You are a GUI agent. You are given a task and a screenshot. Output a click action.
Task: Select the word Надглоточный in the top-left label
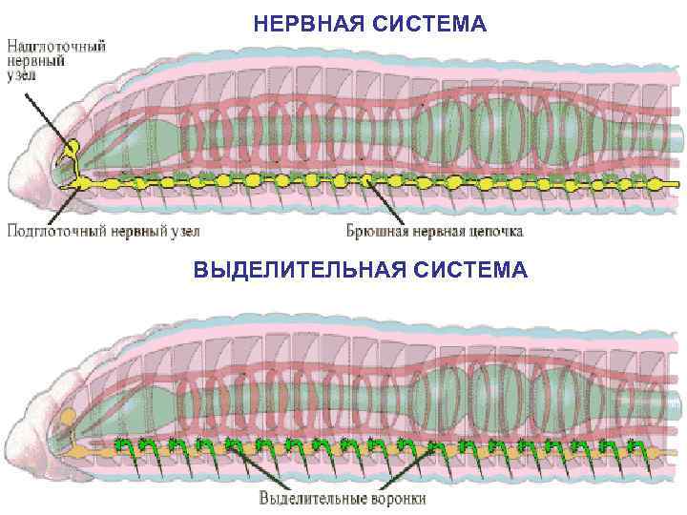(x=58, y=45)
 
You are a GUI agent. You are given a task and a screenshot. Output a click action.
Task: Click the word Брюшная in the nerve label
(x=376, y=230)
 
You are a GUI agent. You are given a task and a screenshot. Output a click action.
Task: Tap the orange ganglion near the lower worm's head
(x=68, y=417)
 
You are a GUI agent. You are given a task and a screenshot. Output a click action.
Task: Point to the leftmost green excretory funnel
(x=121, y=444)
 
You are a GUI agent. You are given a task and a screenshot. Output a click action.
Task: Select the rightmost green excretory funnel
(x=631, y=445)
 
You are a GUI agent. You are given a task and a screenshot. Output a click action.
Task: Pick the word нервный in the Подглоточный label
(x=133, y=230)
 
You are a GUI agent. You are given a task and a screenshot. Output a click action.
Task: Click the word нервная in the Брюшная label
(x=436, y=230)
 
